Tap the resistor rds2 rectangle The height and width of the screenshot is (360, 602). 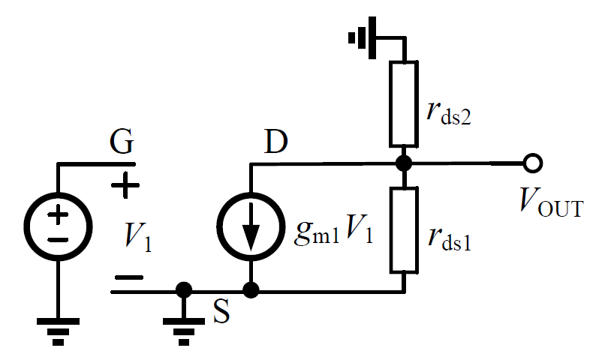tap(403, 103)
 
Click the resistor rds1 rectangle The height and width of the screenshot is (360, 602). tap(403, 229)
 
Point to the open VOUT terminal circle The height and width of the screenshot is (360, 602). tap(534, 162)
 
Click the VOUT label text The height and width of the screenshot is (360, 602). tap(551, 202)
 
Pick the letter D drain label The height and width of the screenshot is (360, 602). tap(276, 142)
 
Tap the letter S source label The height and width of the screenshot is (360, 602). tap(220, 313)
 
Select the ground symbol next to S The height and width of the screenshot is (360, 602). tap(182, 324)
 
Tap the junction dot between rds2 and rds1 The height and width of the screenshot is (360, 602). tap(403, 162)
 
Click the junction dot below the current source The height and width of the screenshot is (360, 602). tap(251, 289)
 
